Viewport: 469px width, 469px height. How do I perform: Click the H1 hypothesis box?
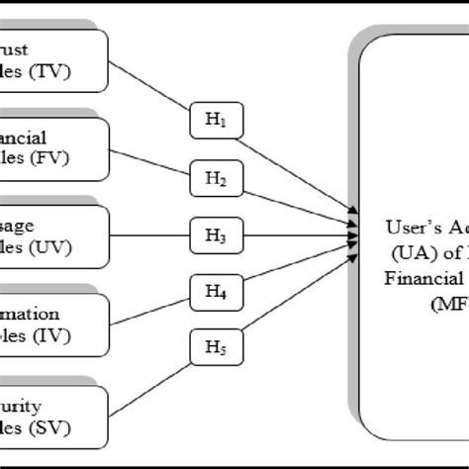(x=216, y=122)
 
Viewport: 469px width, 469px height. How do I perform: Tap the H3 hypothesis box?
(x=216, y=236)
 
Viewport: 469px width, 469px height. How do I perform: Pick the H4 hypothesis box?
(x=216, y=293)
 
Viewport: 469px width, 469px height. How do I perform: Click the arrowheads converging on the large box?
(x=352, y=232)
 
